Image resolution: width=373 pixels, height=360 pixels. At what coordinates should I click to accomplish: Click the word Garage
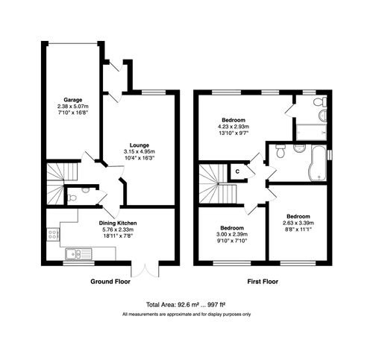point(72,99)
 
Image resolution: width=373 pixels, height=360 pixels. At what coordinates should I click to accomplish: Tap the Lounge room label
point(140,145)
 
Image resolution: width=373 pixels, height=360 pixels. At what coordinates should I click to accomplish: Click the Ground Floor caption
point(112,282)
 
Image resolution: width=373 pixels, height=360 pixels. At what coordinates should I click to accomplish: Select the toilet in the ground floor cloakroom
point(84,192)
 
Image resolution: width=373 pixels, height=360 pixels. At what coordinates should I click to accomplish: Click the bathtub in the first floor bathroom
point(319,162)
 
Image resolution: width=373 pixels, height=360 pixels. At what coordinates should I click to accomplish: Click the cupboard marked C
point(236,172)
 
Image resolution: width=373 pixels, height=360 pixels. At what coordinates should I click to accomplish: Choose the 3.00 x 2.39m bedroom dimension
point(231,236)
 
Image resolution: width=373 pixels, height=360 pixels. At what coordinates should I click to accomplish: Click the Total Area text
point(186,304)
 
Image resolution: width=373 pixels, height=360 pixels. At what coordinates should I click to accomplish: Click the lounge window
point(154,92)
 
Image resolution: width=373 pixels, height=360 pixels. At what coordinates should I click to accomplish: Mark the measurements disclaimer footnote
point(186,315)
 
